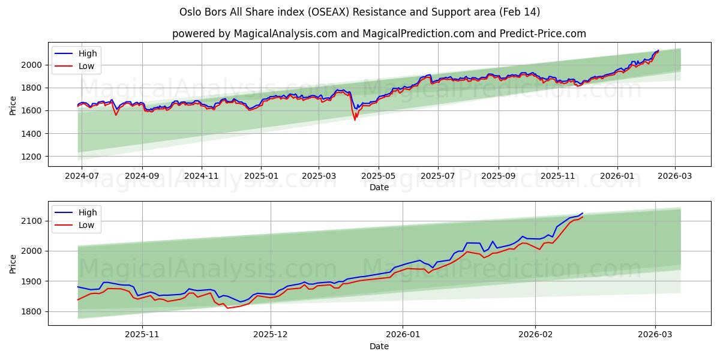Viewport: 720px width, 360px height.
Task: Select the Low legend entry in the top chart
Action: point(86,66)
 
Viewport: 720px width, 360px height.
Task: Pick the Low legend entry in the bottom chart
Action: point(86,224)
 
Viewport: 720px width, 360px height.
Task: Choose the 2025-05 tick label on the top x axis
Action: point(379,176)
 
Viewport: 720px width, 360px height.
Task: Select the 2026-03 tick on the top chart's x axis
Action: point(675,176)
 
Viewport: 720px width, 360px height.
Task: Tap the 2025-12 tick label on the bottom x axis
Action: point(271,335)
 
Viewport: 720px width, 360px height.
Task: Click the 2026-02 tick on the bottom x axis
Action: point(535,335)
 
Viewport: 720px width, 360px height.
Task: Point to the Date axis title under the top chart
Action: point(379,187)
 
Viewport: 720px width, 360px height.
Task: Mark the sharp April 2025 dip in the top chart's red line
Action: point(355,119)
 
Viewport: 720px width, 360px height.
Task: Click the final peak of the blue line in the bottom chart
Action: point(582,213)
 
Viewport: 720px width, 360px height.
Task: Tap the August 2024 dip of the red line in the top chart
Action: point(116,115)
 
